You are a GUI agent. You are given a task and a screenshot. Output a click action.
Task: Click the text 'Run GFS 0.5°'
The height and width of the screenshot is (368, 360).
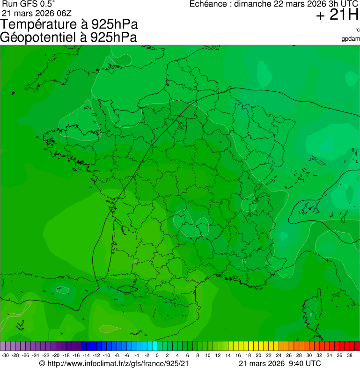tap(29, 4)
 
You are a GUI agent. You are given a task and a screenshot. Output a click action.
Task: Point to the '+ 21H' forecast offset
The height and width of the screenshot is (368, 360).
tap(338, 15)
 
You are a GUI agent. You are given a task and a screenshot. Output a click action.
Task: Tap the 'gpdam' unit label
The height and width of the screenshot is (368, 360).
tap(351, 38)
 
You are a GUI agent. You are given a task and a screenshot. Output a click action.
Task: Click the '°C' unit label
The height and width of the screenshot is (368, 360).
tap(357, 30)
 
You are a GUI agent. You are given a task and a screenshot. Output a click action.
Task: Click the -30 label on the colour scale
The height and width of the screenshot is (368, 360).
tap(6, 355)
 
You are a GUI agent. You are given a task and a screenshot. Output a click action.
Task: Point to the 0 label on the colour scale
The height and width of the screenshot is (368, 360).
tap(157, 355)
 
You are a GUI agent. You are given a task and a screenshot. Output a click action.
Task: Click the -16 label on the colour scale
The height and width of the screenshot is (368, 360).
tap(76, 355)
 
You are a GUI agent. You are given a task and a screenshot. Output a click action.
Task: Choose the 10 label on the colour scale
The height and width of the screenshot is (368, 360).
tap(208, 355)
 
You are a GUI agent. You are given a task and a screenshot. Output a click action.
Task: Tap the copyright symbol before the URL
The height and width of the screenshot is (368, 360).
tap(42, 363)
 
